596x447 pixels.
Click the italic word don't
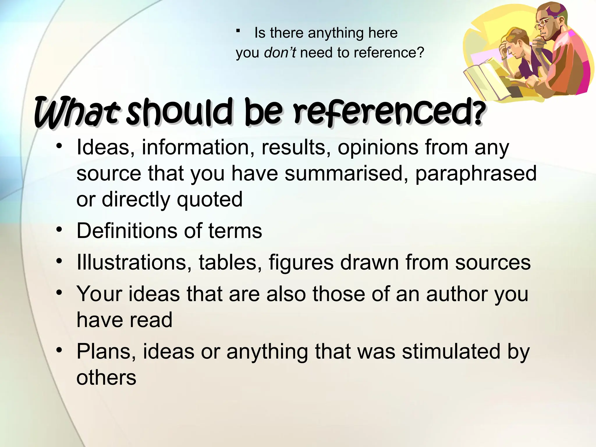point(280,53)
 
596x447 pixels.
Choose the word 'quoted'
point(210,200)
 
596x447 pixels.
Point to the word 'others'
point(106,377)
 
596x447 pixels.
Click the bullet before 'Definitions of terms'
point(59,230)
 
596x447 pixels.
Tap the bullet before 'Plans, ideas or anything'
point(59,350)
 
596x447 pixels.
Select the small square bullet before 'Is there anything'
point(238,31)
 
